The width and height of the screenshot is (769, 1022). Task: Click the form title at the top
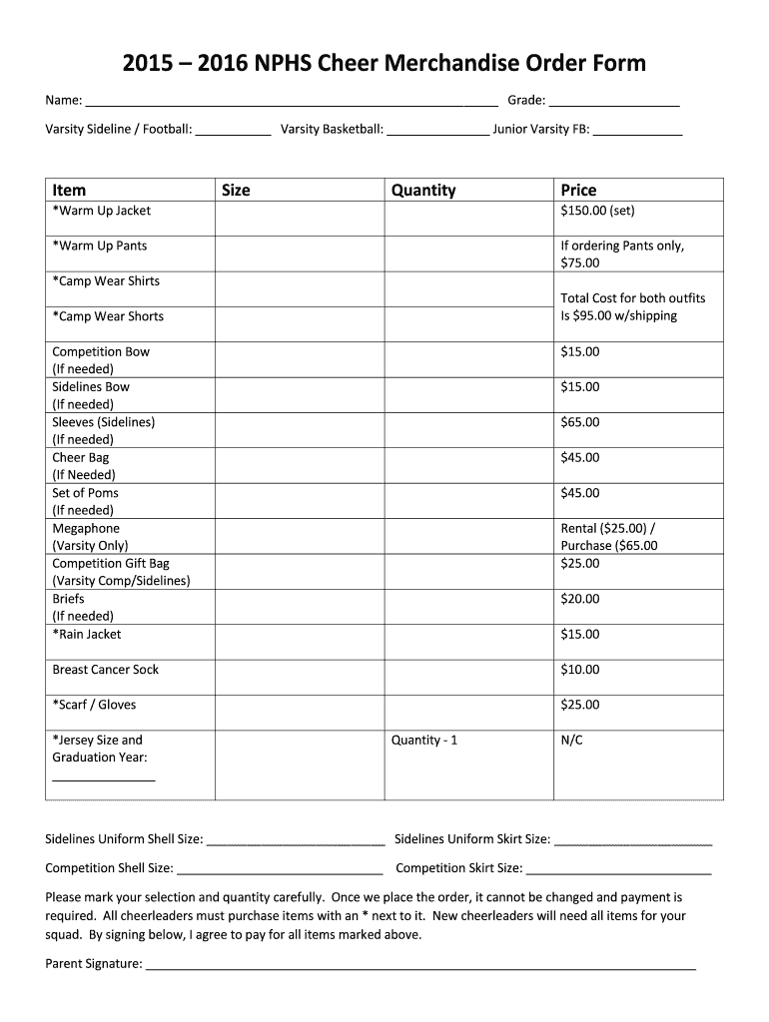[384, 64]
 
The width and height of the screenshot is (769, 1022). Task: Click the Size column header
[236, 190]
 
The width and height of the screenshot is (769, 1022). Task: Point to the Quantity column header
[423, 190]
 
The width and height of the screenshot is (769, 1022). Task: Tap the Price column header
[578, 190]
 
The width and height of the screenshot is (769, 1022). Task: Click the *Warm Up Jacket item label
[102, 211]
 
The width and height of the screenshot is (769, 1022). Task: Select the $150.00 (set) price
[597, 211]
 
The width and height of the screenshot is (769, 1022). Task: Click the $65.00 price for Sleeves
[580, 422]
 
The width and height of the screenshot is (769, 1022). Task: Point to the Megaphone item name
[86, 528]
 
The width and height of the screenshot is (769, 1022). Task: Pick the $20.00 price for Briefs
[580, 599]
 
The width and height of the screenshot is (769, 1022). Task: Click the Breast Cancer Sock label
[106, 670]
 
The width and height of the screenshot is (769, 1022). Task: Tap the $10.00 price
[580, 670]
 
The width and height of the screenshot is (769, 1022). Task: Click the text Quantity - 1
[424, 741]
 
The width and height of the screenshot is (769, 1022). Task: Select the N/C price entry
[571, 741]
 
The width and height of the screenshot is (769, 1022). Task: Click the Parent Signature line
[420, 966]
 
